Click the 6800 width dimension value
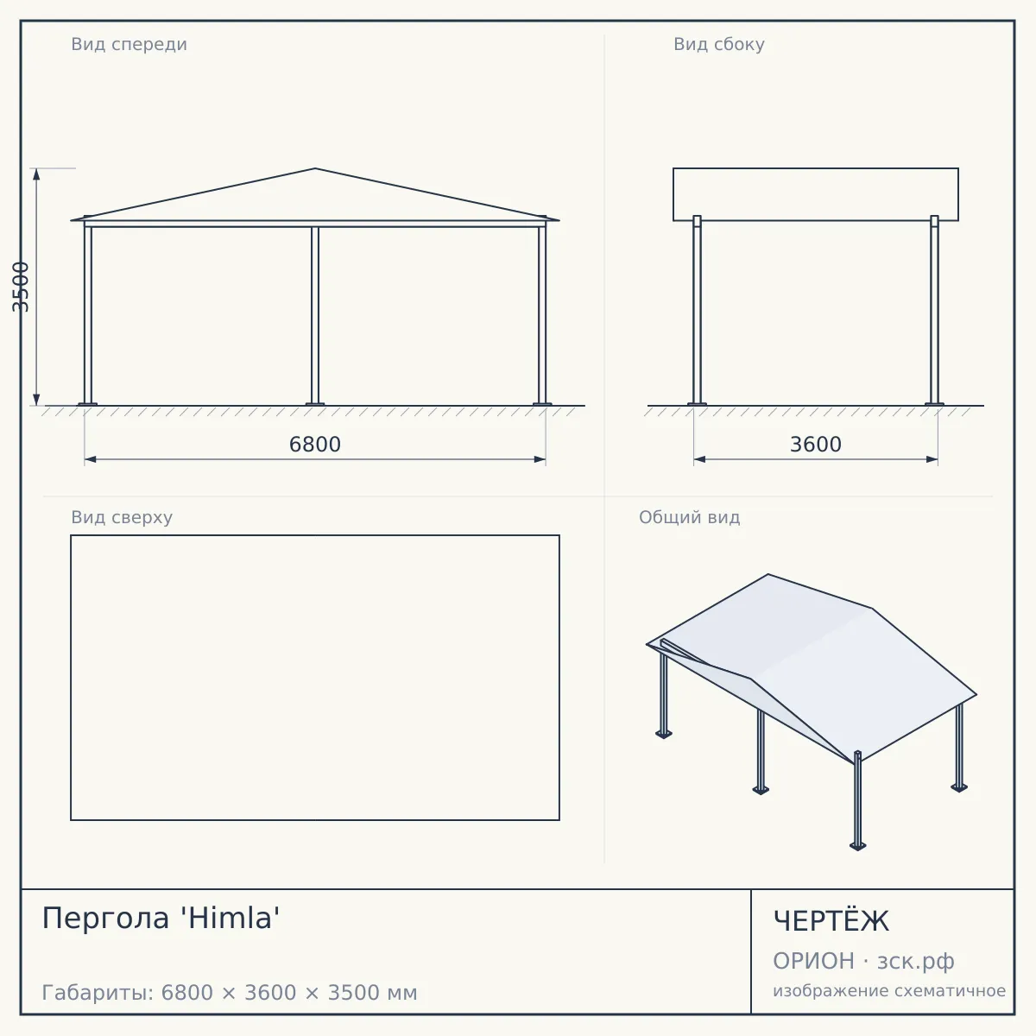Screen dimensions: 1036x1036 click(x=314, y=445)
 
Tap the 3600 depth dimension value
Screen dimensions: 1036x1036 click(x=815, y=445)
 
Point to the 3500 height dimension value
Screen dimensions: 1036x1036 click(x=21, y=287)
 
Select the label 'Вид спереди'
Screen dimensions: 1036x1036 click(x=129, y=44)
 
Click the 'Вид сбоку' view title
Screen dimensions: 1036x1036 click(x=719, y=44)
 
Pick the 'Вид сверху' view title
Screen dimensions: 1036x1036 click(x=122, y=517)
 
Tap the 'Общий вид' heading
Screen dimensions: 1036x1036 click(x=689, y=517)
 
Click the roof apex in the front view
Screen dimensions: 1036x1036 click(x=315, y=168)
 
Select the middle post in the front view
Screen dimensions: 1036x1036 click(x=315, y=316)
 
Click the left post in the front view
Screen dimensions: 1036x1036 click(x=88, y=312)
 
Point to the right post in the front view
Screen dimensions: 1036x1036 click(x=542, y=312)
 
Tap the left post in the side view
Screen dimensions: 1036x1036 click(x=697, y=311)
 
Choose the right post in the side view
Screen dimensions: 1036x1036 click(x=934, y=311)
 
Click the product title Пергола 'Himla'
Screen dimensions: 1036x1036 click(x=161, y=917)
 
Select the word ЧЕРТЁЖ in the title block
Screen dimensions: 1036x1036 click(x=831, y=921)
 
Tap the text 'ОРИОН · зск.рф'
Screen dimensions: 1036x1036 click(x=863, y=961)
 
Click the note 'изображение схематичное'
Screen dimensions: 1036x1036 click(x=889, y=990)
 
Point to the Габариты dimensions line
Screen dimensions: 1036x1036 click(x=230, y=993)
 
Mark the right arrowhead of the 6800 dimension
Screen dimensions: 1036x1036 click(x=540, y=459)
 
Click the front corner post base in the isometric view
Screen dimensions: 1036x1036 click(x=857, y=847)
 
